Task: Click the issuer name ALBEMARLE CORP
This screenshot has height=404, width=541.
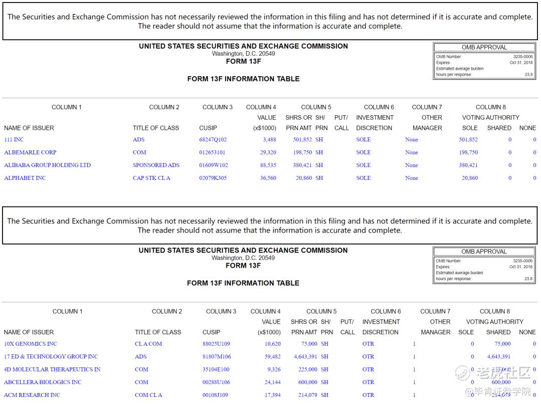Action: (x=30, y=152)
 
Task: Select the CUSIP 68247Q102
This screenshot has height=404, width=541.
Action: (x=213, y=140)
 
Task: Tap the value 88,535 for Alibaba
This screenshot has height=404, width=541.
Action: (x=268, y=165)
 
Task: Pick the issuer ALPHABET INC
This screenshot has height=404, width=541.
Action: (x=25, y=178)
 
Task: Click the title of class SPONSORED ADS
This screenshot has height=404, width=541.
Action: (x=156, y=165)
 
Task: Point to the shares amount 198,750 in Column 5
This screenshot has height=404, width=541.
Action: (x=302, y=152)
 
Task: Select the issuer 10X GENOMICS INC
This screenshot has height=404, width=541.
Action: (x=31, y=344)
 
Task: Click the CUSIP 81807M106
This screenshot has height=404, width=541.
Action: (x=216, y=357)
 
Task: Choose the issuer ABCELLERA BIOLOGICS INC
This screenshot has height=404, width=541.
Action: (x=43, y=382)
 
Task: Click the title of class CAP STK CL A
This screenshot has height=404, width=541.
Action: (x=151, y=178)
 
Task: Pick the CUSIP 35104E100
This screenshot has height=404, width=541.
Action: (x=216, y=369)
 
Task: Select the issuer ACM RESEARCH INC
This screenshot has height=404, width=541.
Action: (x=32, y=395)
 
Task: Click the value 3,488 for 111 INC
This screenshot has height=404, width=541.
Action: (x=269, y=140)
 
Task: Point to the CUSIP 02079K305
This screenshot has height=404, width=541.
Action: (x=213, y=178)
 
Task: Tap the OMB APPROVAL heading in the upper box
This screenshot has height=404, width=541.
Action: (x=484, y=47)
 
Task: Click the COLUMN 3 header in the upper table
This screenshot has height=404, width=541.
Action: (x=218, y=107)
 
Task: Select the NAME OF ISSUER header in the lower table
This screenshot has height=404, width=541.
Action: (x=29, y=332)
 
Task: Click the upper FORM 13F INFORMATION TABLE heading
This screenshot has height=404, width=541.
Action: (x=243, y=79)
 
